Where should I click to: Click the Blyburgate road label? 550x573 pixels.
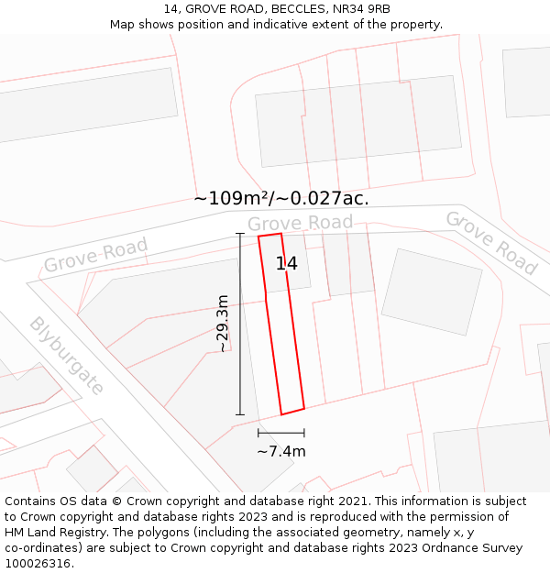click(66, 356)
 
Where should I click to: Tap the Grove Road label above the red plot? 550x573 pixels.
click(300, 223)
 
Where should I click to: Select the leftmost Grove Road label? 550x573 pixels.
click(95, 255)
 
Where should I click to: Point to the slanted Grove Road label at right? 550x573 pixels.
click(490, 243)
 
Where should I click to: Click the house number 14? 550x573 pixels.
click(286, 264)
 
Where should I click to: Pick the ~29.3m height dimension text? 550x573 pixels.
click(222, 323)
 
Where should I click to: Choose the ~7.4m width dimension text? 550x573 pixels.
click(280, 451)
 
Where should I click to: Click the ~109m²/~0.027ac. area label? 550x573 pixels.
click(281, 198)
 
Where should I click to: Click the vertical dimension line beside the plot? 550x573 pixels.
click(240, 324)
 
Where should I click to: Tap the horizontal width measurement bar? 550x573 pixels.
click(280, 433)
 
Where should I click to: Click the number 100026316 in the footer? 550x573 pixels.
click(37, 564)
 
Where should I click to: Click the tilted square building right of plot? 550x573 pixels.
click(431, 292)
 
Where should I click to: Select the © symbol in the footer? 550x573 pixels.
click(116, 501)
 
